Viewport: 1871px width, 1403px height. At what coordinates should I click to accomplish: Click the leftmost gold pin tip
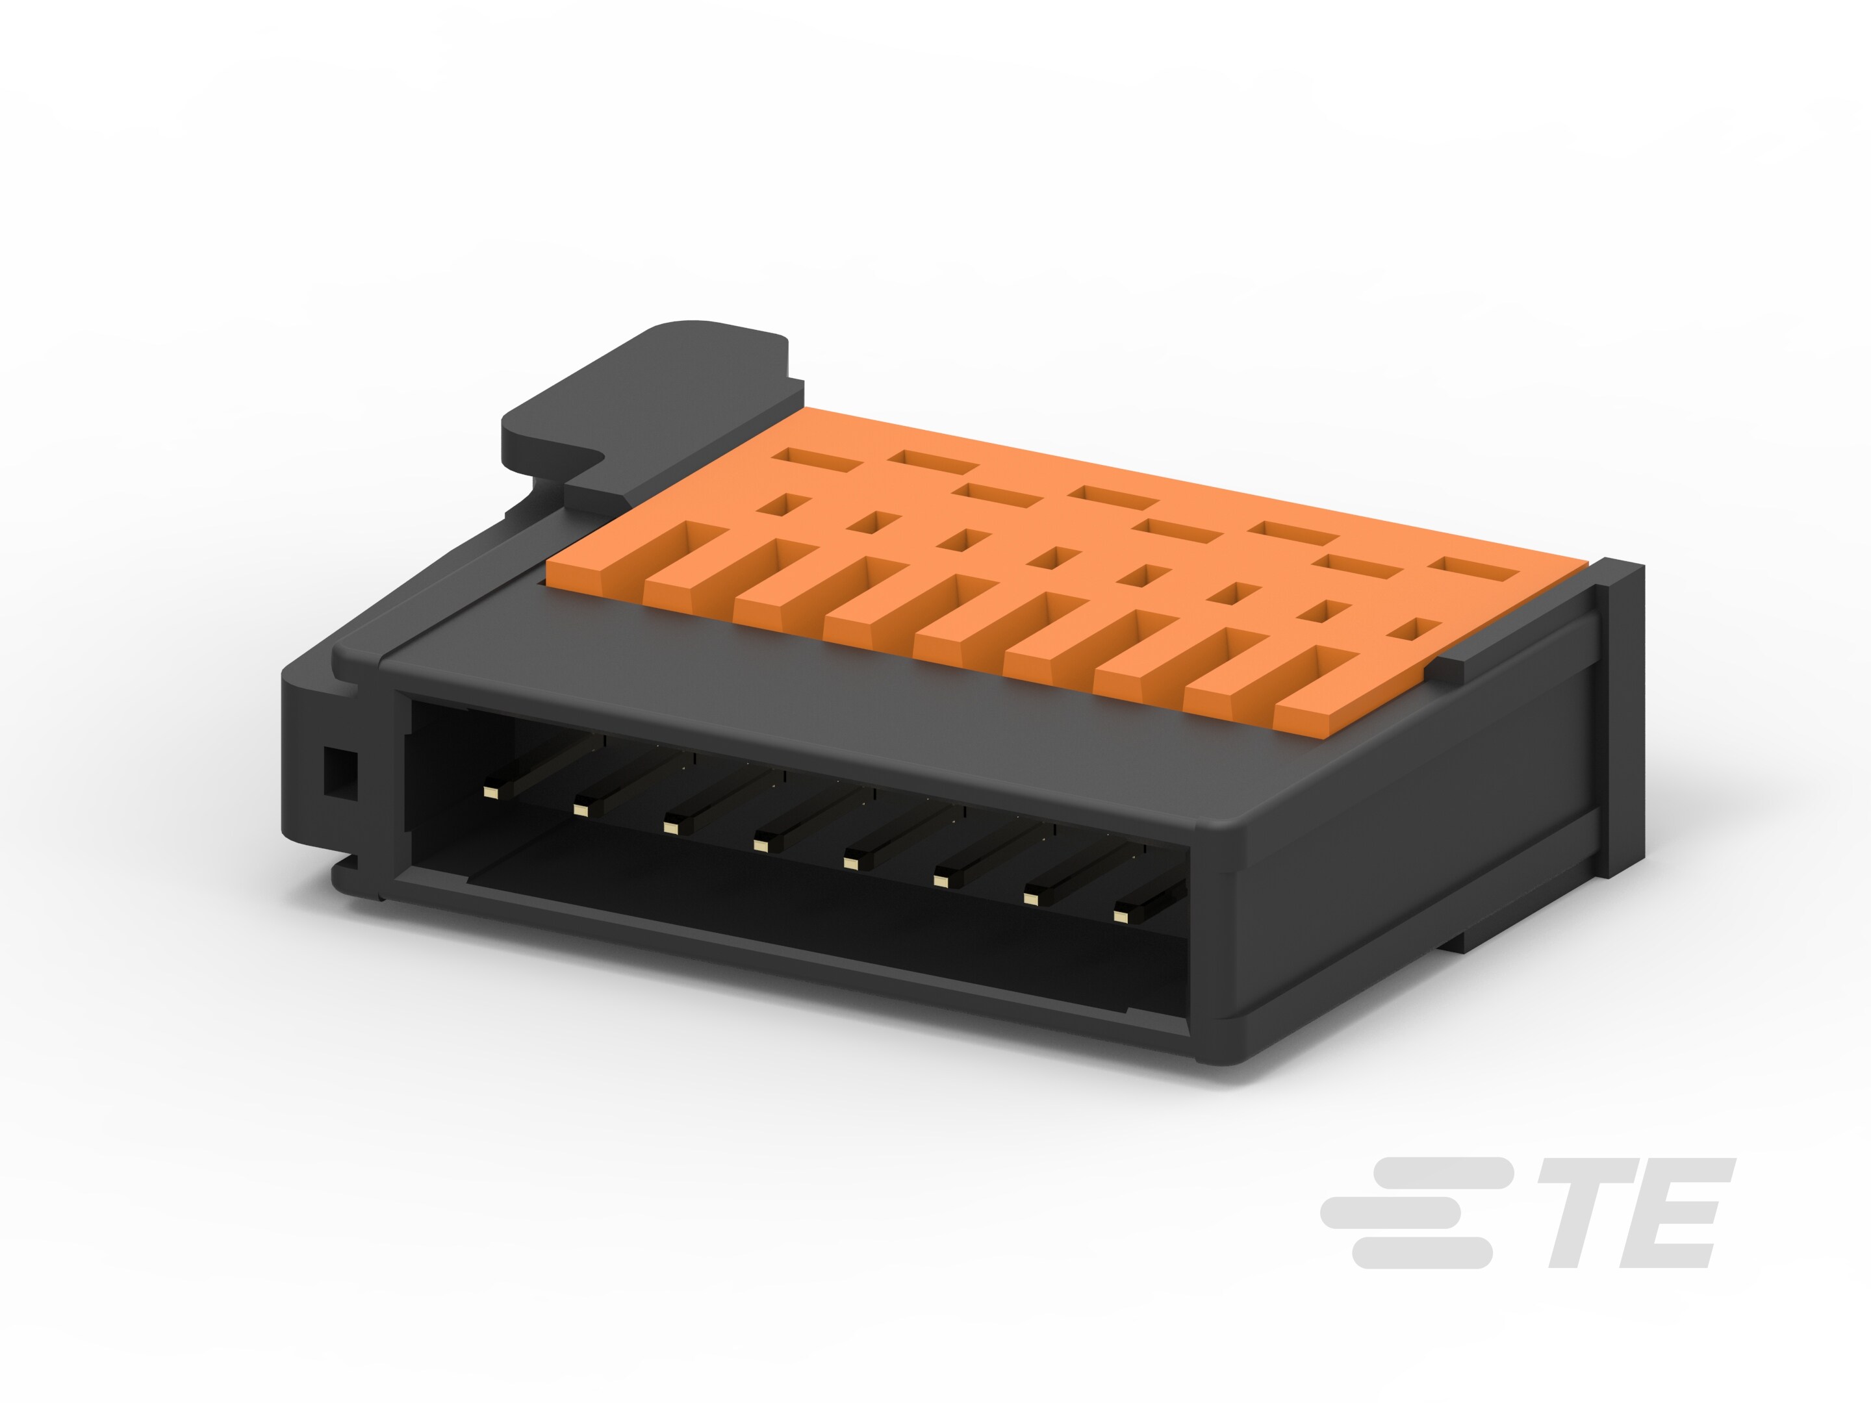(x=489, y=792)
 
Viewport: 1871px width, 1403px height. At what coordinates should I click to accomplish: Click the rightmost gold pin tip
(x=1121, y=915)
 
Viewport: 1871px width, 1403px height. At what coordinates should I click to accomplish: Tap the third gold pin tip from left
(x=670, y=827)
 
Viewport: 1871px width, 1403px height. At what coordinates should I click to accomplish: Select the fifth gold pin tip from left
(x=850, y=863)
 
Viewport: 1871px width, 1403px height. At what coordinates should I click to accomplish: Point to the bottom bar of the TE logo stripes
(x=1421, y=1252)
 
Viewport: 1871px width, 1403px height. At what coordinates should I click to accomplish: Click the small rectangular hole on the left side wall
(x=339, y=770)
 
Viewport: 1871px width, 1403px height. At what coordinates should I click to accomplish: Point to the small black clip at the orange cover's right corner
(x=1455, y=668)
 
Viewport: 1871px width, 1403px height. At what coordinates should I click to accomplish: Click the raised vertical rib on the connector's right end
(x=1619, y=719)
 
